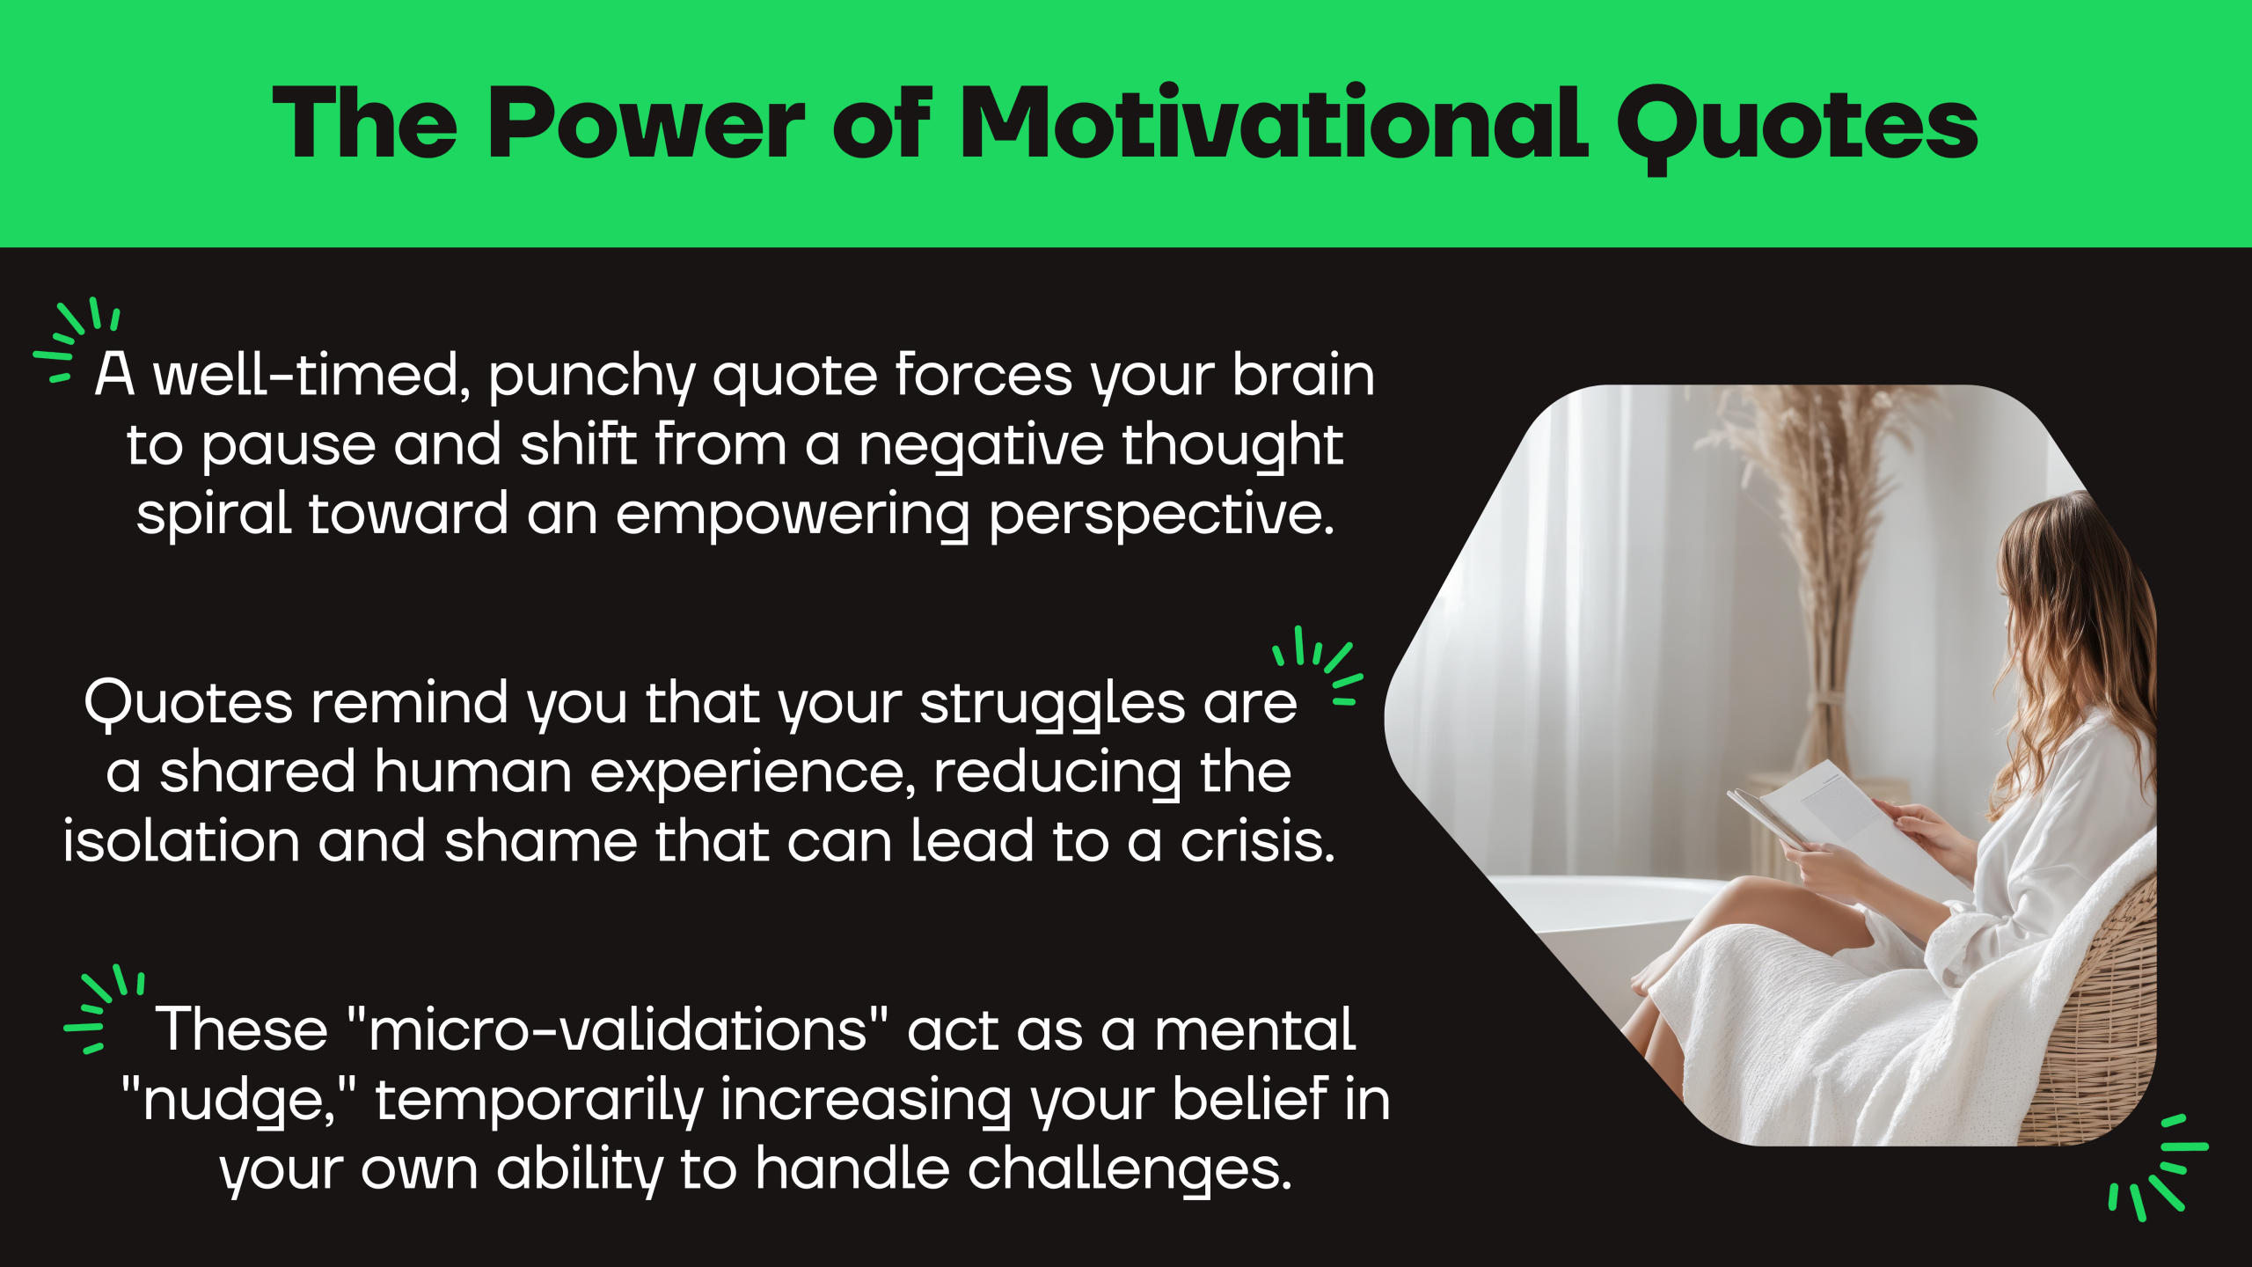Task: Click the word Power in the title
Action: point(647,123)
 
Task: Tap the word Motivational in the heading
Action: point(1274,123)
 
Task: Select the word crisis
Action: point(1257,841)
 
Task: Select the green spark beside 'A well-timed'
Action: point(76,340)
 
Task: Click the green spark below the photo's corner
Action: point(2158,1168)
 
